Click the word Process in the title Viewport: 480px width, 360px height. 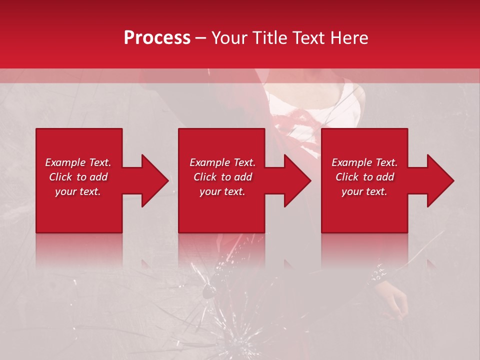pos(157,38)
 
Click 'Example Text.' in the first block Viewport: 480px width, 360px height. pos(78,162)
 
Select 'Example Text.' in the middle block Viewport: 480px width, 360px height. pos(222,162)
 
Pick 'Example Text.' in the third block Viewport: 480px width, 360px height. pos(364,162)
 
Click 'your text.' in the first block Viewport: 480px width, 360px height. pos(78,191)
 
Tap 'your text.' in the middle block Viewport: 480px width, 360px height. pos(222,191)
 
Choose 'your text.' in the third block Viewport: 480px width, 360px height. pos(364,191)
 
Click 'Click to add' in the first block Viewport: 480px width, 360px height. pos(78,177)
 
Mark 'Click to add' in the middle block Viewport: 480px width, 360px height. pos(222,177)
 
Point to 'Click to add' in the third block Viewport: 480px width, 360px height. pos(364,177)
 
